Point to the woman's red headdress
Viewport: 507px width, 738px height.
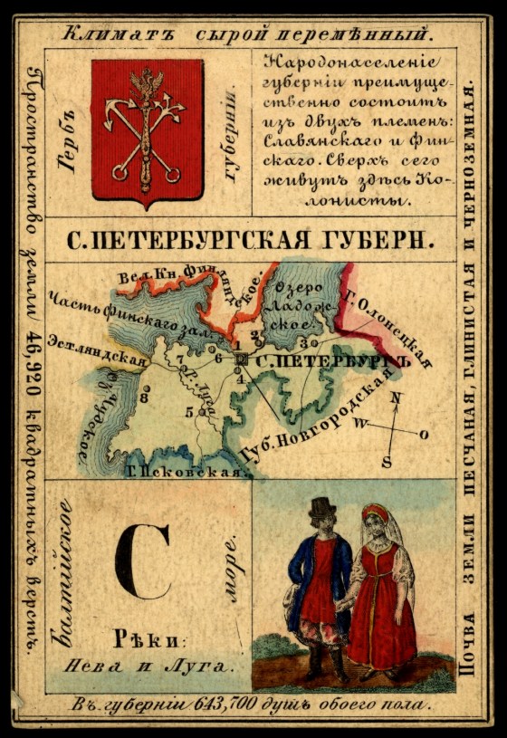374,513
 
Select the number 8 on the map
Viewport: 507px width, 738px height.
144,397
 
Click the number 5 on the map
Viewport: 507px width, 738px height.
189,412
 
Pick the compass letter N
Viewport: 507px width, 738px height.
395,397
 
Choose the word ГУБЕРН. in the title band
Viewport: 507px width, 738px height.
380,240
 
